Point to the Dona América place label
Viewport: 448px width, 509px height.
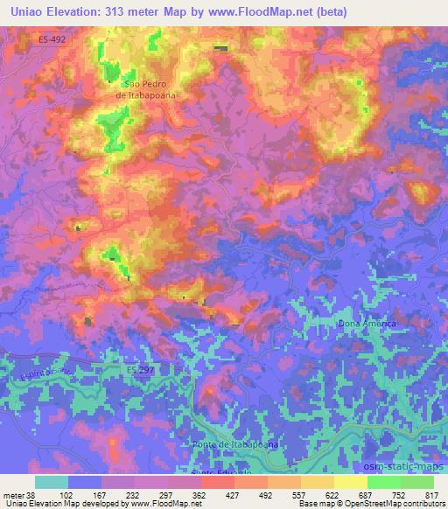pyautogui.click(x=367, y=324)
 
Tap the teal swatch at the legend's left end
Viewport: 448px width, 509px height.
pyautogui.click(x=52, y=482)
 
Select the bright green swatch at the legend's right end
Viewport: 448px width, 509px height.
pyautogui.click(x=417, y=482)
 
